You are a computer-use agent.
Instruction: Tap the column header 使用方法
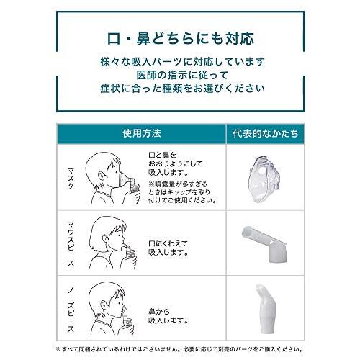point(142,134)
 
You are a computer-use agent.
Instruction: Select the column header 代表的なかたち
point(266,134)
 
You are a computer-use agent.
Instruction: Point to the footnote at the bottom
point(180,350)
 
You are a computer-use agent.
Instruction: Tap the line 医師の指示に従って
point(180,76)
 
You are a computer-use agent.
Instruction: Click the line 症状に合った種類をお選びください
point(180,91)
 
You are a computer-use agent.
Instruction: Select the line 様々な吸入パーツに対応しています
point(180,60)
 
